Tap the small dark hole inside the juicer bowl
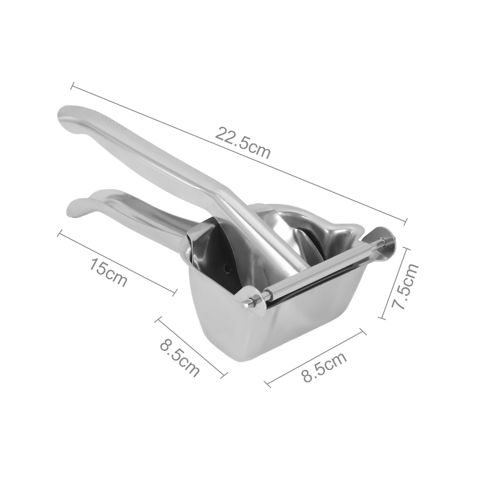228,268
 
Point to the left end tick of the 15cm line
59,233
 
